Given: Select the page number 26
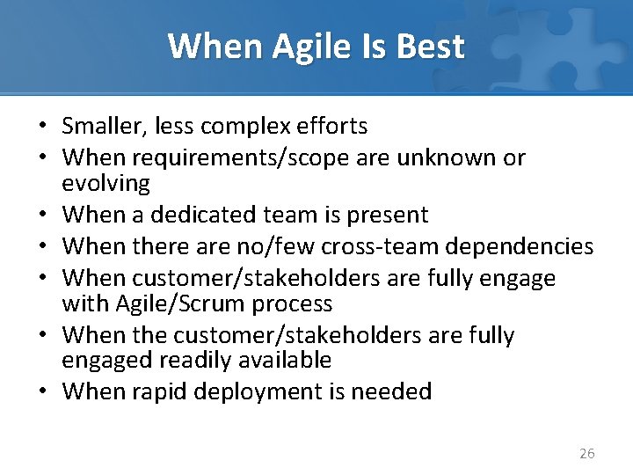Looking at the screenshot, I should point(586,453).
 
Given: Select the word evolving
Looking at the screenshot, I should point(106,183).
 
